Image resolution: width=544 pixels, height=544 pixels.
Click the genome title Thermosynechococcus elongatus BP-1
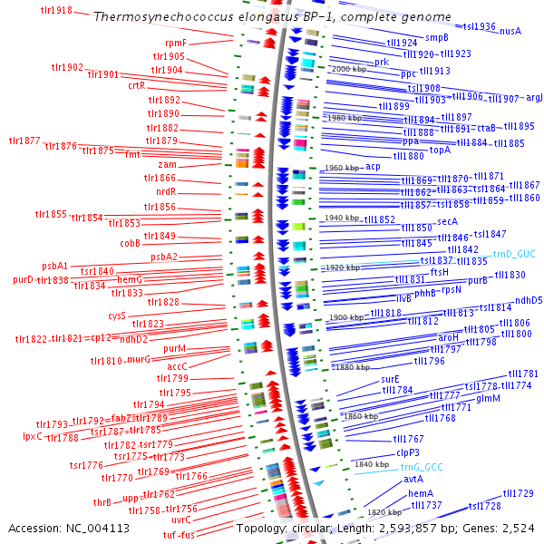[272, 17]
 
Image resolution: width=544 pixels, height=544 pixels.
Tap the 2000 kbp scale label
[349, 69]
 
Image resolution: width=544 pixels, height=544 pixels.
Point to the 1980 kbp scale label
[344, 118]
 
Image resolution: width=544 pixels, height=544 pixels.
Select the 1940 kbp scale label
[340, 219]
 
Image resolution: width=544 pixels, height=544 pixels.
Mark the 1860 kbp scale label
[360, 415]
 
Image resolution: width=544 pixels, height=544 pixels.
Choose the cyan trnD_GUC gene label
[514, 256]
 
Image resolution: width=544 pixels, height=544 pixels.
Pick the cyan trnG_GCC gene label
[422, 467]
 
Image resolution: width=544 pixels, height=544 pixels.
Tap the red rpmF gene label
[176, 43]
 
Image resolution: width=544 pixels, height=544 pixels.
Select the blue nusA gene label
[510, 31]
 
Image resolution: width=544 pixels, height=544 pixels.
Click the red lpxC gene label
[33, 436]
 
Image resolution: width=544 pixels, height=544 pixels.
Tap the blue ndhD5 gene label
[529, 300]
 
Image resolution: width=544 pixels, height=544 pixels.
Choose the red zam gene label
[168, 164]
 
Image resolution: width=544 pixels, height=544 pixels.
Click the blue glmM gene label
[488, 398]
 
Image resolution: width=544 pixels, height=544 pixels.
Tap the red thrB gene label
[102, 501]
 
